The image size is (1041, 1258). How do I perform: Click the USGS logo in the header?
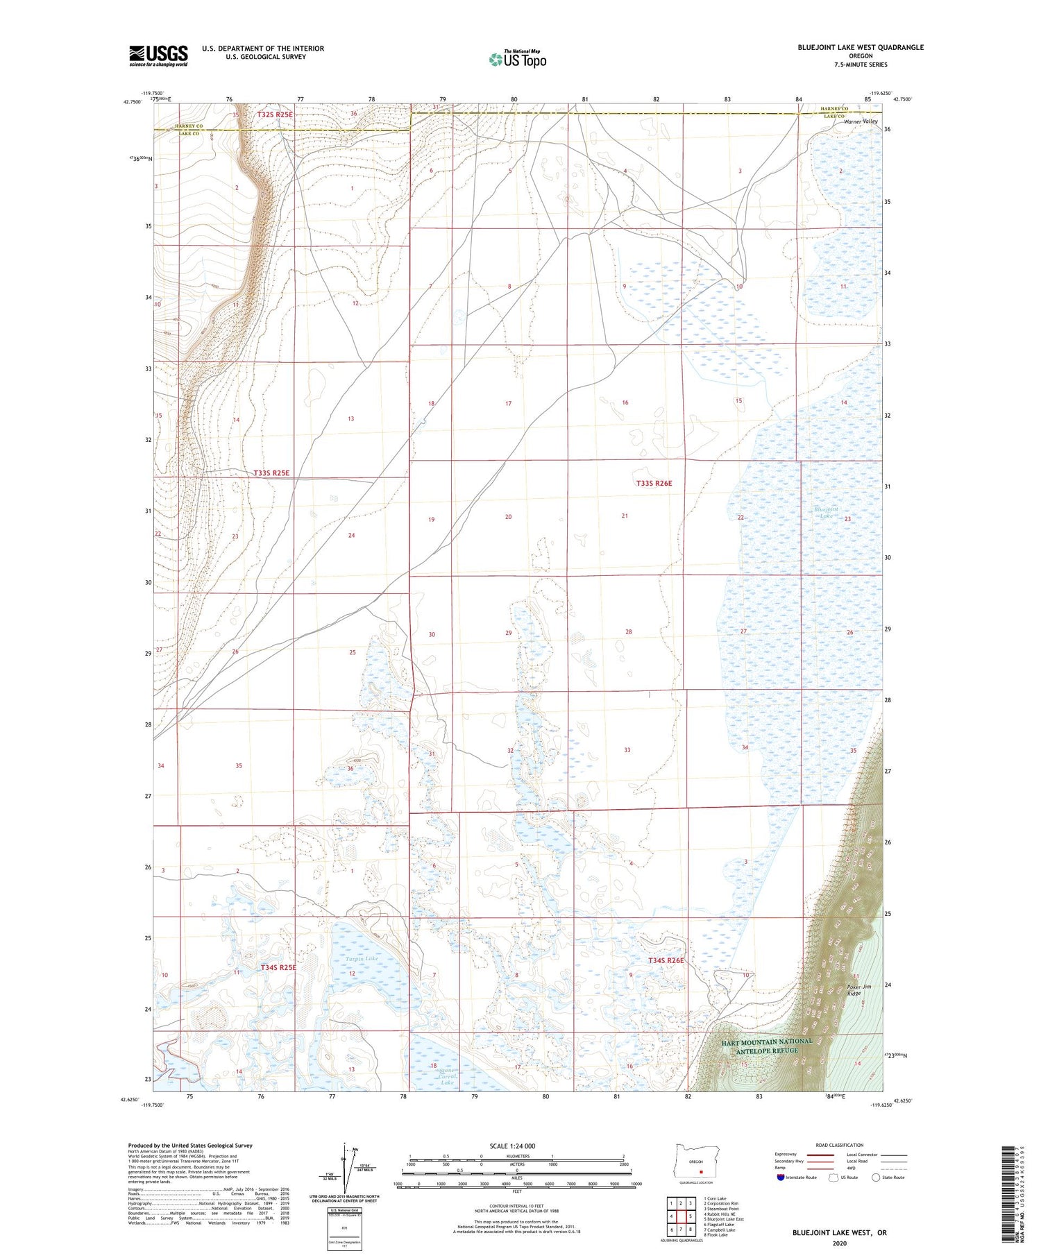point(158,56)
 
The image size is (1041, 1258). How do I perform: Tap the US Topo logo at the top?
point(517,60)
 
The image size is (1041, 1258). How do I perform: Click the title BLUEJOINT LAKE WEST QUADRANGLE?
point(861,47)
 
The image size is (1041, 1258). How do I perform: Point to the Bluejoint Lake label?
point(826,513)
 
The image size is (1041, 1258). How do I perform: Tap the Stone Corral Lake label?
point(446,1076)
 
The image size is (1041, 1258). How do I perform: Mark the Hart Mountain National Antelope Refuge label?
point(766,1046)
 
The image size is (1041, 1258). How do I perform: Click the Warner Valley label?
point(861,121)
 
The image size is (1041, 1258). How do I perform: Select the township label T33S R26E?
point(654,483)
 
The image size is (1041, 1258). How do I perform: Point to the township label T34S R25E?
point(278,967)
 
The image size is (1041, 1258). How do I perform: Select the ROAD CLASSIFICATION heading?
point(840,1145)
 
